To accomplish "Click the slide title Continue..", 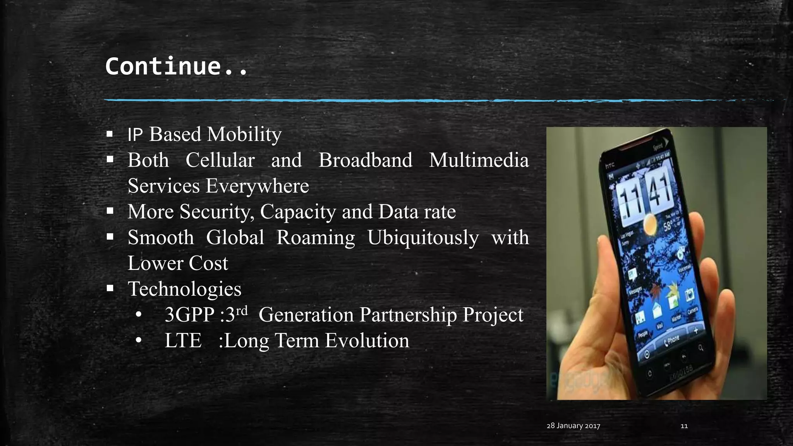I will tap(176, 66).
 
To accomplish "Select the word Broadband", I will tap(365, 160).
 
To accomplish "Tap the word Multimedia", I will tap(479, 160).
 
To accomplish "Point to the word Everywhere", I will tap(257, 186).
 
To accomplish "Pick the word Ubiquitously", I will tap(423, 238).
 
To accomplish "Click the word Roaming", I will tap(316, 238).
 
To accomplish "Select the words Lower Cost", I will tap(178, 264).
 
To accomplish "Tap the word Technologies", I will tap(184, 289).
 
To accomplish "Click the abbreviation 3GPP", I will tap(189, 315).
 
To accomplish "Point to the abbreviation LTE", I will tap(183, 341).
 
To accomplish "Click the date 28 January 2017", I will tap(573, 426).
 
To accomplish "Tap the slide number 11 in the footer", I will tap(684, 426).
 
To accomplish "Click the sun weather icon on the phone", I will tap(649, 224).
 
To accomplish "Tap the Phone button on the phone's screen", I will tap(671, 340).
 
